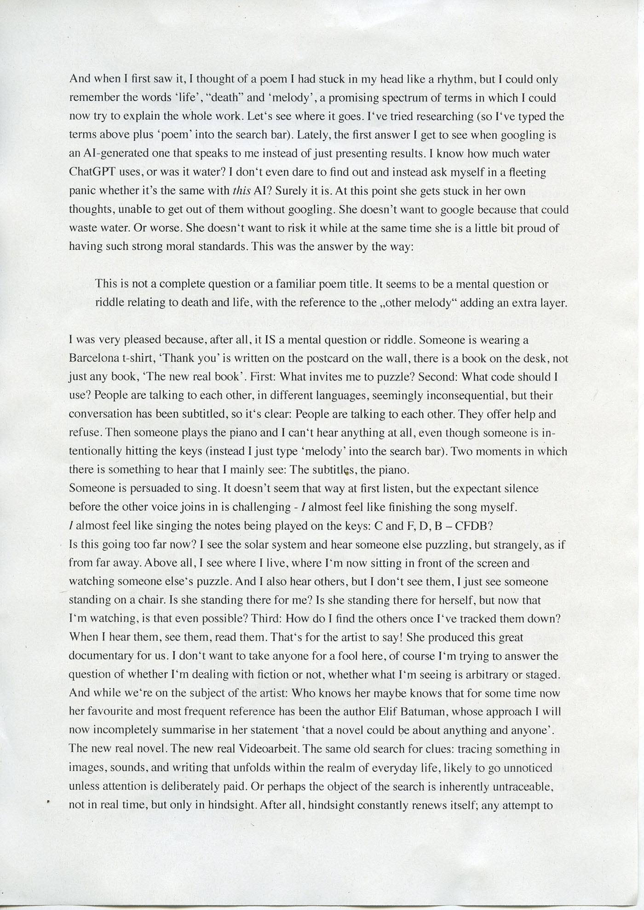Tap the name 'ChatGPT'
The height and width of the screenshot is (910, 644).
pyautogui.click(x=90, y=172)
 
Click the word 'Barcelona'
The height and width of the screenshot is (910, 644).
pyautogui.click(x=92, y=358)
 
